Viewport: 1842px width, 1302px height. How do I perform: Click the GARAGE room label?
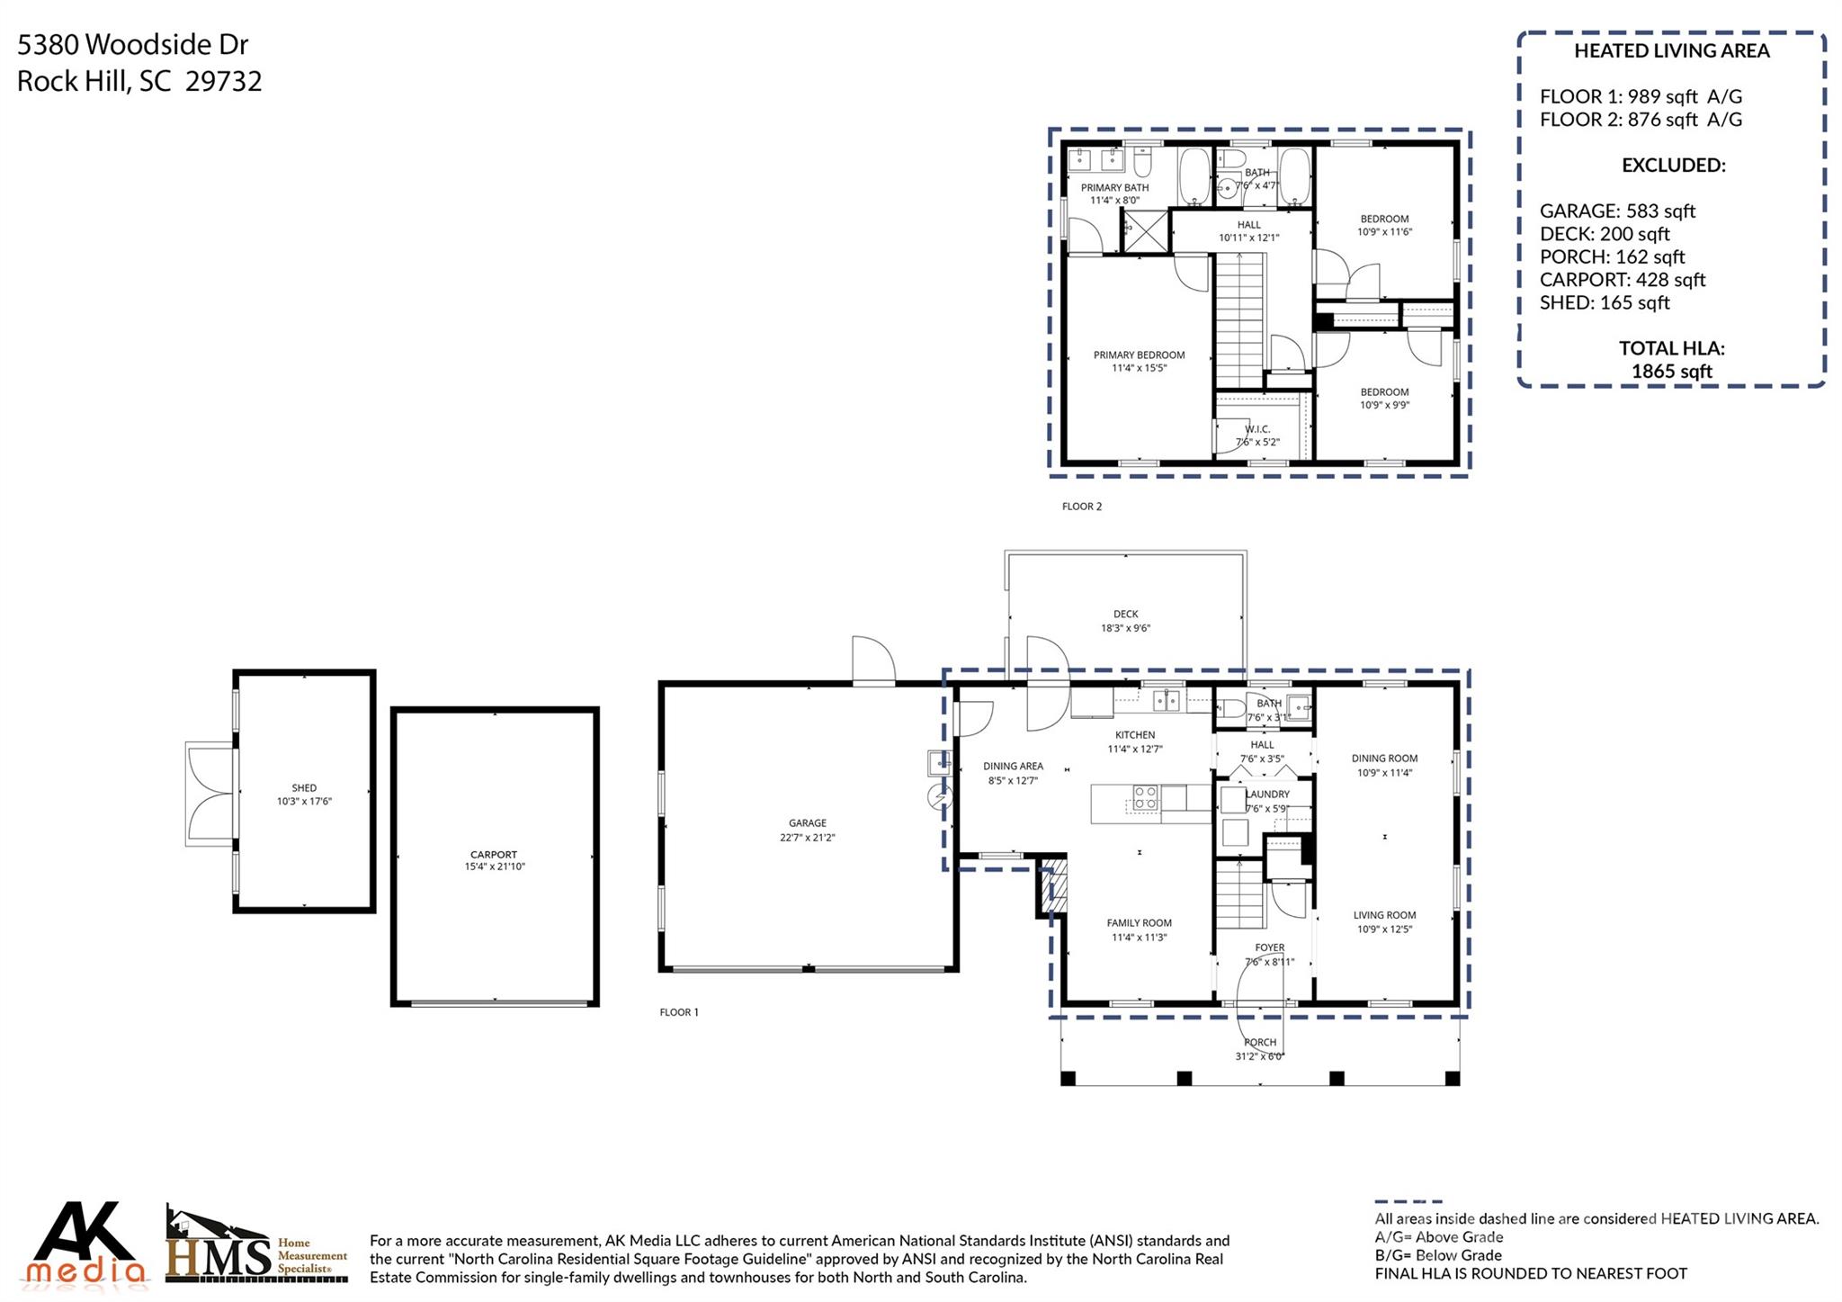[x=807, y=822]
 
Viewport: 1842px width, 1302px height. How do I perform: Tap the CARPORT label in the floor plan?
[x=494, y=855]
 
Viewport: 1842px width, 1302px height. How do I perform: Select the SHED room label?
[x=304, y=788]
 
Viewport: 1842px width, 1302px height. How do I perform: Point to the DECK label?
[x=1126, y=615]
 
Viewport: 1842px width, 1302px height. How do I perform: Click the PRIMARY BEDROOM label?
[x=1139, y=355]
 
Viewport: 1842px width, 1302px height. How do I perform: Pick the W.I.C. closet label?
[x=1257, y=429]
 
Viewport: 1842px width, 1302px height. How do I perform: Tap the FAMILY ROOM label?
[x=1139, y=923]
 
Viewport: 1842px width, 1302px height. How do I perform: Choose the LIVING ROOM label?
[x=1384, y=915]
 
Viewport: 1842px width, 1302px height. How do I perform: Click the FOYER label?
[x=1270, y=947]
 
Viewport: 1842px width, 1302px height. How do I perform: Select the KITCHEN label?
[x=1135, y=735]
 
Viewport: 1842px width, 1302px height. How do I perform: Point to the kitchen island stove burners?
[x=1145, y=797]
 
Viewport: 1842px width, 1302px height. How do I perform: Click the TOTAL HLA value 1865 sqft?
[x=1672, y=372]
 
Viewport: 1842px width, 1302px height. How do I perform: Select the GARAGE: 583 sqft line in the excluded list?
[x=1617, y=211]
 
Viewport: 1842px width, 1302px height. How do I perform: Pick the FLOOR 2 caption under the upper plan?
[x=1082, y=507]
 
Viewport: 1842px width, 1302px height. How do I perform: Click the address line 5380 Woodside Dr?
[x=132, y=44]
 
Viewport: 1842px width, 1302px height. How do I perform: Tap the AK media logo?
[x=86, y=1242]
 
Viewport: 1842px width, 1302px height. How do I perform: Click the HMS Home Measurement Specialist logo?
[x=256, y=1244]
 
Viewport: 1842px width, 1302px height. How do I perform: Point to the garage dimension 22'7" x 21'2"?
[x=808, y=838]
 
